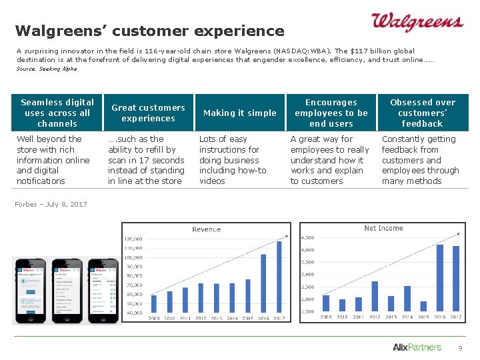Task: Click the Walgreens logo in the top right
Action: click(417, 23)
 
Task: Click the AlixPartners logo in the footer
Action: click(417, 347)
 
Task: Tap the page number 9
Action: click(459, 348)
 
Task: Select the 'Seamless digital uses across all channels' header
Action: click(57, 113)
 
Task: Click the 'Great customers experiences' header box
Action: click(148, 113)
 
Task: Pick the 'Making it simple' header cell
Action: click(239, 113)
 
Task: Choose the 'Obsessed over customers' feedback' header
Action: click(422, 113)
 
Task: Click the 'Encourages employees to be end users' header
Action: click(331, 113)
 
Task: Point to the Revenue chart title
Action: click(206, 229)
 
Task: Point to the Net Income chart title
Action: click(383, 228)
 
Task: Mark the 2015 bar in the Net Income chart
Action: click(423, 306)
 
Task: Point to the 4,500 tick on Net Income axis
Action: click(308, 237)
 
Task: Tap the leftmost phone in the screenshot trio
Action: click(29, 290)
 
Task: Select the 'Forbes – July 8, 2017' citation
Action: click(51, 204)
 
